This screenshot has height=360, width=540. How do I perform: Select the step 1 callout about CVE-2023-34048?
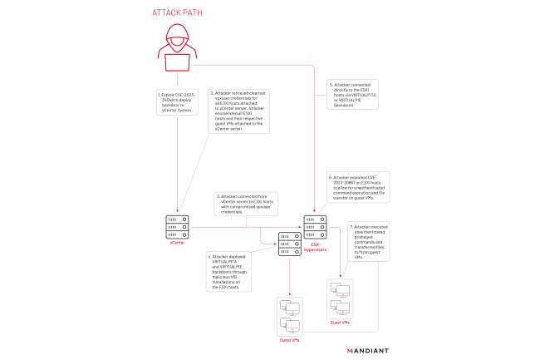point(177,102)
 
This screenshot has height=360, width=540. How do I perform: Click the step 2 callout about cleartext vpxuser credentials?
point(238,111)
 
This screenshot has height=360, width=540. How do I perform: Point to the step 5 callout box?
point(354,95)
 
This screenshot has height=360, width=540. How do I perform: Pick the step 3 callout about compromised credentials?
point(248,205)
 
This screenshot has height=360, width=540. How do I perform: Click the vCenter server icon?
point(178,224)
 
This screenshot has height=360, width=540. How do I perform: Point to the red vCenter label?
point(178,242)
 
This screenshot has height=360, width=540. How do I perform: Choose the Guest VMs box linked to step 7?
point(341,295)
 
